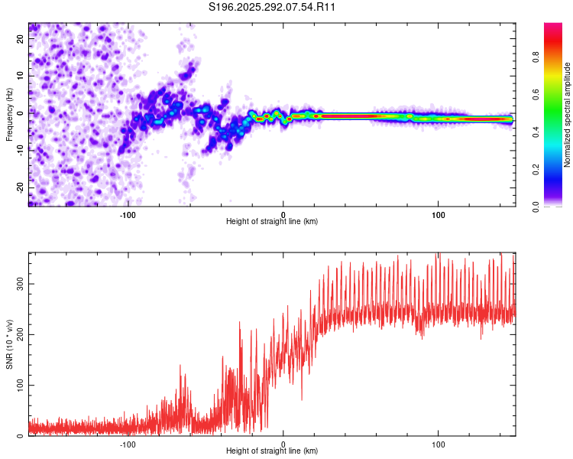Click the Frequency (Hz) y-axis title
point(9,115)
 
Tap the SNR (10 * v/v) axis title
point(9,343)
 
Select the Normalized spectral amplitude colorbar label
point(567,115)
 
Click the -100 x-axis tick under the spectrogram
point(128,214)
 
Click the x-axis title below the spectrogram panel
point(272,222)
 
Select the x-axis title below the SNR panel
point(272,451)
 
